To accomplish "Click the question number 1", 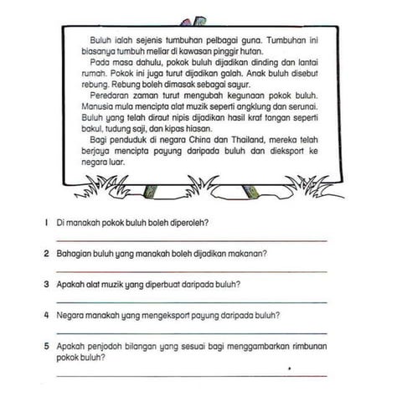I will coord(44,223).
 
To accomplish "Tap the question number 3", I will coord(44,284).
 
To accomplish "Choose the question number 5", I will coord(44,345).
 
